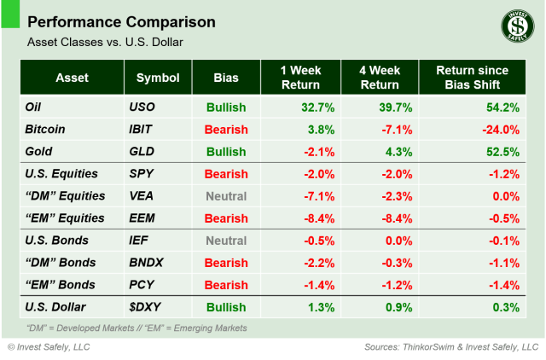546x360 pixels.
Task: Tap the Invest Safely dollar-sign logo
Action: click(512, 28)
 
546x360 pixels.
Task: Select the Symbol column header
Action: click(157, 78)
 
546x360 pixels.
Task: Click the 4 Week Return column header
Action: click(377, 78)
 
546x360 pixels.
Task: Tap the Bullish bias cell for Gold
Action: click(226, 152)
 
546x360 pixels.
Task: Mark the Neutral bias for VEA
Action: click(226, 196)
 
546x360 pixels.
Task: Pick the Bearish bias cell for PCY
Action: click(226, 285)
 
